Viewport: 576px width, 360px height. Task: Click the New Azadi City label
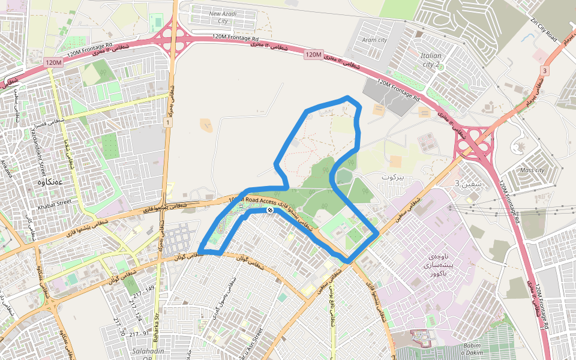point(223,17)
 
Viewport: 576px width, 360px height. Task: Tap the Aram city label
point(374,40)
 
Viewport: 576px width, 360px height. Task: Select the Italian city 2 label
point(431,59)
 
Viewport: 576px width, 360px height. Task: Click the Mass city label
point(532,170)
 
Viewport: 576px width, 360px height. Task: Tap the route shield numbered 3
point(544,71)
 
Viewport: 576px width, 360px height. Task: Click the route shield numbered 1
point(167,122)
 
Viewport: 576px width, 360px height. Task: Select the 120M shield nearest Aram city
point(313,55)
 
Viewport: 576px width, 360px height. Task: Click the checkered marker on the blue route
point(271,210)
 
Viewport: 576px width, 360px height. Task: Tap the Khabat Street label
point(54,203)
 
